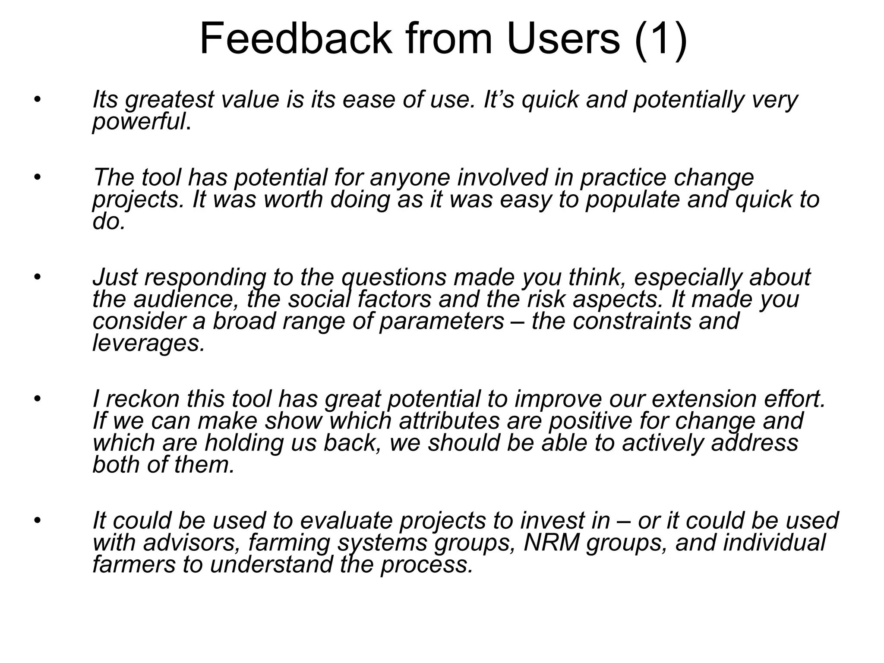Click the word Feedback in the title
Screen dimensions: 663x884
tap(296, 39)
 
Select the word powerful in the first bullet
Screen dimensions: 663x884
tap(139, 123)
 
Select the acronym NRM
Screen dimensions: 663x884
tap(551, 543)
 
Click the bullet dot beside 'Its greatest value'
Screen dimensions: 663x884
tap(38, 101)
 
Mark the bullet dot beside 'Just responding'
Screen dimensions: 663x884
tap(38, 277)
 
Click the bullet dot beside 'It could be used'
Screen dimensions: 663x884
tap(38, 520)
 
